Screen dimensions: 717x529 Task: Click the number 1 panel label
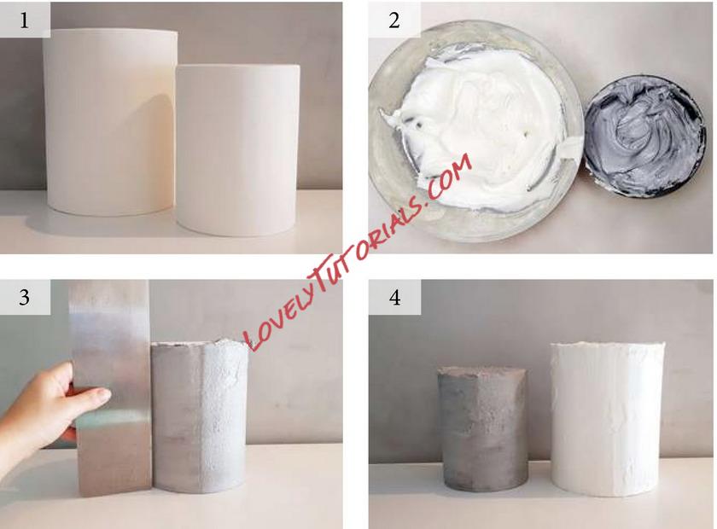tap(24, 20)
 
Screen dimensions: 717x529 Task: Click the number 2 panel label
tap(394, 20)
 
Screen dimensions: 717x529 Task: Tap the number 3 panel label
tap(24, 297)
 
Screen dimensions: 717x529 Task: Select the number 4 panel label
tap(394, 298)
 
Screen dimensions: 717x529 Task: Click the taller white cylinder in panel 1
tap(110, 122)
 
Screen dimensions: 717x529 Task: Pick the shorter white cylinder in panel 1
tap(238, 151)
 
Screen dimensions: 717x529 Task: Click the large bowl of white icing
tap(476, 131)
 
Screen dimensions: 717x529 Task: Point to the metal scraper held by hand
tap(113, 388)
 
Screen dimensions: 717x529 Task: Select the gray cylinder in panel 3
tap(200, 416)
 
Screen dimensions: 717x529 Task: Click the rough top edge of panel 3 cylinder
tap(200, 343)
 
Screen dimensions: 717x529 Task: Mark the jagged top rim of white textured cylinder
tap(607, 345)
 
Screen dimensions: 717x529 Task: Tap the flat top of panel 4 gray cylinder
tap(482, 370)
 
